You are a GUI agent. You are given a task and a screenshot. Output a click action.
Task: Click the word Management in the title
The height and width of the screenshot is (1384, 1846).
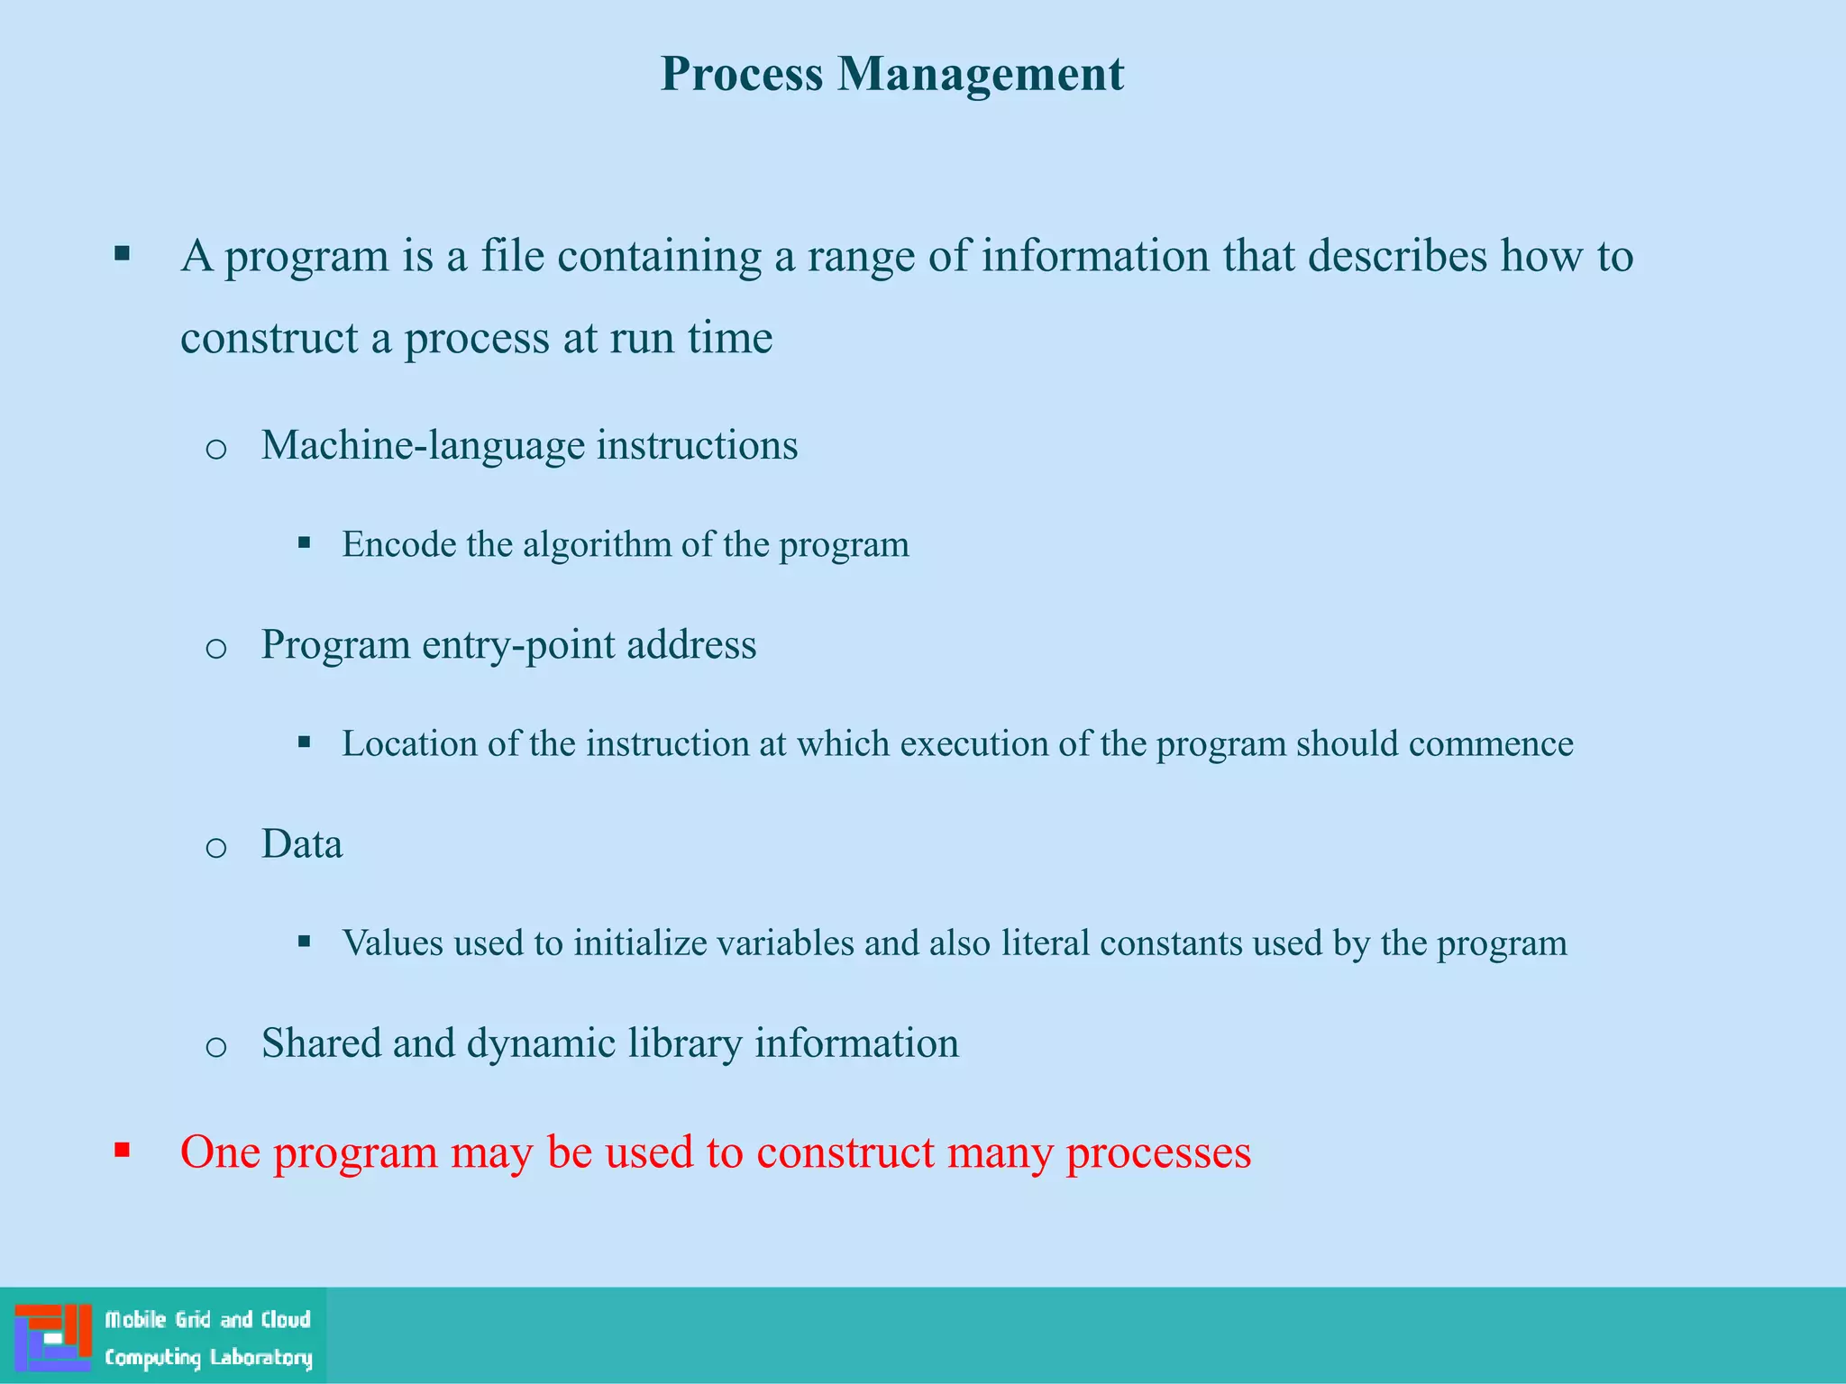pyautogui.click(x=980, y=74)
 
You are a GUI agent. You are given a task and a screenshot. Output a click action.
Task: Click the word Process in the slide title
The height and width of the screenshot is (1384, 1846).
pyautogui.click(x=741, y=74)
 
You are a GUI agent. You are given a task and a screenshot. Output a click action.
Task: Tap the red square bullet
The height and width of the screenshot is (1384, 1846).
pyautogui.click(x=123, y=1150)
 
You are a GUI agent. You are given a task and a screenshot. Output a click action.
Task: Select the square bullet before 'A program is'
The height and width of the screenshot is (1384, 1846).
pyautogui.click(x=123, y=254)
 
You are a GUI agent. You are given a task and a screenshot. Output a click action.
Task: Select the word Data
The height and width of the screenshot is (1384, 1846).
pyautogui.click(x=302, y=844)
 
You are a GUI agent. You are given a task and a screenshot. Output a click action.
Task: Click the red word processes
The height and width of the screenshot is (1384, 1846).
pyautogui.click(x=1158, y=1152)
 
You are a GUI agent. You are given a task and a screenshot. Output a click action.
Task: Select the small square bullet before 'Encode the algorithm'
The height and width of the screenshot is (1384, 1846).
pyautogui.click(x=305, y=543)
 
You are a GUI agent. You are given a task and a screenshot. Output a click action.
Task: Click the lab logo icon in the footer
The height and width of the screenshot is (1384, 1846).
pyautogui.click(x=53, y=1335)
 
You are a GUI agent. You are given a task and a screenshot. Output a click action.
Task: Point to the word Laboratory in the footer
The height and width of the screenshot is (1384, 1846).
pyautogui.click(x=261, y=1357)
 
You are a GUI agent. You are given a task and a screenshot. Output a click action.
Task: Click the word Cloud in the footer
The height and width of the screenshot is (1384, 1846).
pyautogui.click(x=286, y=1319)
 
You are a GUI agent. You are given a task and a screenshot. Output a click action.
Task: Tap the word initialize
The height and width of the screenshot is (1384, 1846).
pyautogui.click(x=640, y=943)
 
